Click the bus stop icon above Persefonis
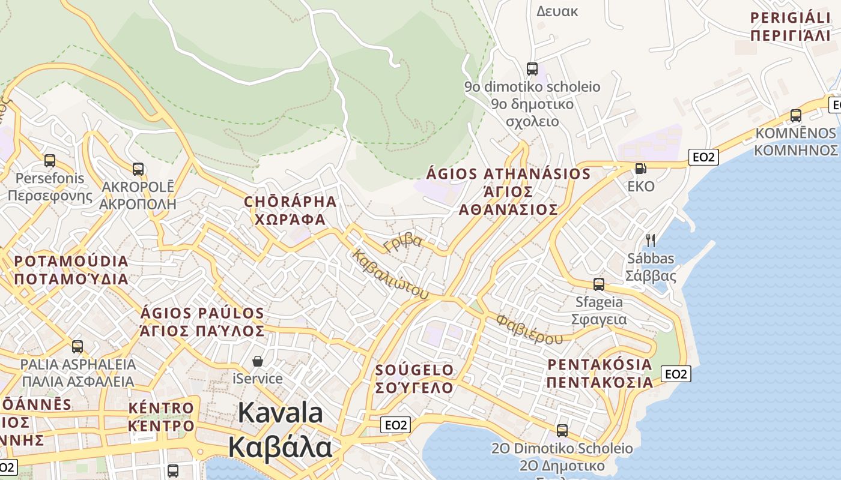click(x=50, y=161)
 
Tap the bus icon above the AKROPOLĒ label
click(x=138, y=169)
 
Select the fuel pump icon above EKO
click(x=641, y=169)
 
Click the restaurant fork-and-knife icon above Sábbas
click(x=650, y=241)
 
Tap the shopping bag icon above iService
click(x=258, y=361)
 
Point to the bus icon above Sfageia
click(x=599, y=284)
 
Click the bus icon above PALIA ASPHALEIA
click(x=77, y=346)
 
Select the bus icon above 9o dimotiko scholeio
click(x=532, y=69)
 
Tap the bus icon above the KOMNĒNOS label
click(x=796, y=116)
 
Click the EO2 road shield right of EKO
click(x=703, y=157)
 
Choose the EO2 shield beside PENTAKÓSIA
click(x=676, y=374)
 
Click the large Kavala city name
click(x=280, y=430)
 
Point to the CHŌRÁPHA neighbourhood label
click(x=290, y=210)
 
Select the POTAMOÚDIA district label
click(x=71, y=270)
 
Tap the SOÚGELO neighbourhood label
click(x=414, y=379)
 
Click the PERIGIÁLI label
click(x=790, y=26)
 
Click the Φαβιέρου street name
click(x=529, y=329)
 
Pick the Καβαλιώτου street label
click(x=390, y=274)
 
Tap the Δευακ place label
click(x=557, y=11)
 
